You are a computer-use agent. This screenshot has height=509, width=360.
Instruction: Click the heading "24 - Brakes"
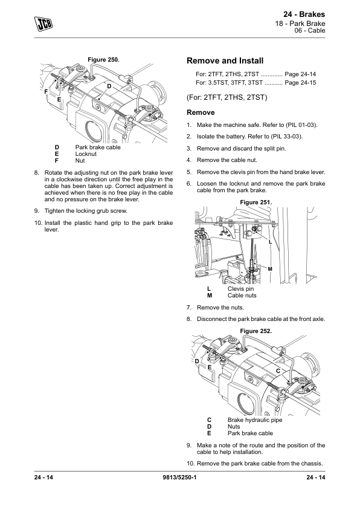[x=304, y=15]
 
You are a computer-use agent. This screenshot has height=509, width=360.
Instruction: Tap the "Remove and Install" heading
[x=225, y=60]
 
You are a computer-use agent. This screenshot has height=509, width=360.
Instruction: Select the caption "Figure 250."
[x=103, y=60]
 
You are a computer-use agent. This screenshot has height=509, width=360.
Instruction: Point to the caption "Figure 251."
[x=256, y=203]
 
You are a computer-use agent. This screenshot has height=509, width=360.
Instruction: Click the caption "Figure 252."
[x=256, y=331]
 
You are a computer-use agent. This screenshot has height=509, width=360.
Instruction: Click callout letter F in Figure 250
[x=46, y=92]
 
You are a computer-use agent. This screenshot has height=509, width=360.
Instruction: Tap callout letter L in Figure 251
[x=270, y=242]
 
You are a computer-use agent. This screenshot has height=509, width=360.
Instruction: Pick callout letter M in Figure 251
[x=270, y=269]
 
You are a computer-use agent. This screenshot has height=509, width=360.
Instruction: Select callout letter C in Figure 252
[x=278, y=371]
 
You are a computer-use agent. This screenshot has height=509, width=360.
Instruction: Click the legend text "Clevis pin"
[x=240, y=289]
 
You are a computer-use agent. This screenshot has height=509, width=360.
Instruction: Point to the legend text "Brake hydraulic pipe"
[x=255, y=420]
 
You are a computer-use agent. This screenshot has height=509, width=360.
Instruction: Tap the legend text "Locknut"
[x=86, y=154]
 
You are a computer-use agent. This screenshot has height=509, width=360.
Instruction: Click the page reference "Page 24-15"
[x=300, y=83]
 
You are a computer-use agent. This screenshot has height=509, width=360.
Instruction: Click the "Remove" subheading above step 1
[x=201, y=112]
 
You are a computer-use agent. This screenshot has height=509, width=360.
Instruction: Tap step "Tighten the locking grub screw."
[x=86, y=211]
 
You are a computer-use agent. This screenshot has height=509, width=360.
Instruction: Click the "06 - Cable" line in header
[x=310, y=30]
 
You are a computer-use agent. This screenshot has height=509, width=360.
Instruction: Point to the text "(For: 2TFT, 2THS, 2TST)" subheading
[x=227, y=97]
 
